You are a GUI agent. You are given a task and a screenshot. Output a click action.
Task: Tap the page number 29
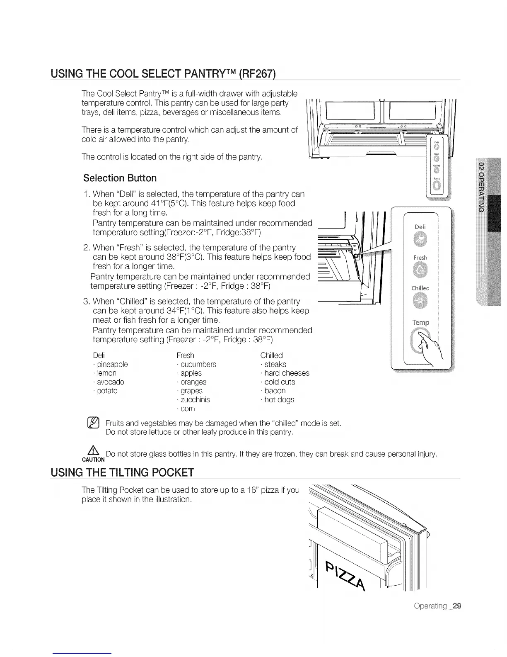[456, 606]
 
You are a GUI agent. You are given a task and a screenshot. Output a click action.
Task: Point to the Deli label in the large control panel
[420, 227]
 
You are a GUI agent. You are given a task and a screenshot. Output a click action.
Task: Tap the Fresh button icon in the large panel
[420, 271]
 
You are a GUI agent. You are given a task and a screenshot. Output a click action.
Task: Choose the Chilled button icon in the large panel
[420, 302]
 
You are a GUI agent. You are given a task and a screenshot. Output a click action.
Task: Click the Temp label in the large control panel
[420, 322]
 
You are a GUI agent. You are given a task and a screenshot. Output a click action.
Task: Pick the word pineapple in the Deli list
[111, 364]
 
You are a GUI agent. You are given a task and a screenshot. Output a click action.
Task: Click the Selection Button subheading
[120, 178]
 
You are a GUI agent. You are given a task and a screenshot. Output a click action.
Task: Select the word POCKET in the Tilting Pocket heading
[168, 472]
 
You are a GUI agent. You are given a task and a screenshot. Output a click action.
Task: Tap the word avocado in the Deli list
[110, 382]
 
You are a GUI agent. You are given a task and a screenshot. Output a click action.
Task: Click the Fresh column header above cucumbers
[185, 355]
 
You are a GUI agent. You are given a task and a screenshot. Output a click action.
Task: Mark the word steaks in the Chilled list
[275, 364]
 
